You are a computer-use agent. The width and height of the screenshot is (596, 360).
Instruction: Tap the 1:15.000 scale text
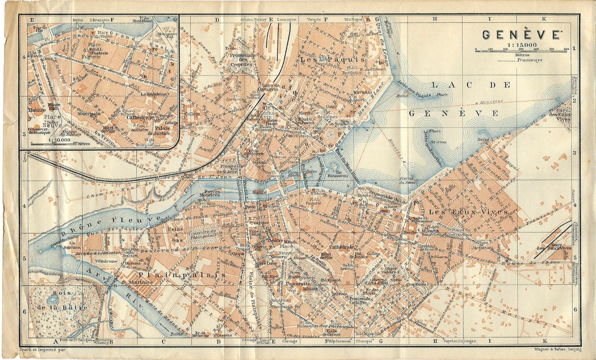520,45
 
